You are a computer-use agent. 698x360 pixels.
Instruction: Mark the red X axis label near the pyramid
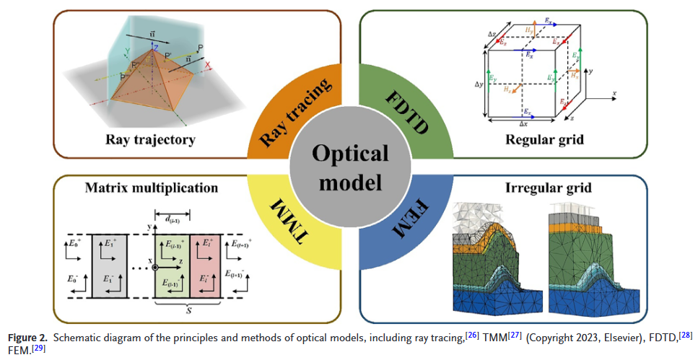(208, 64)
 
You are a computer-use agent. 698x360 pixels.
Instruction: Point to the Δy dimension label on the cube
(478, 85)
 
